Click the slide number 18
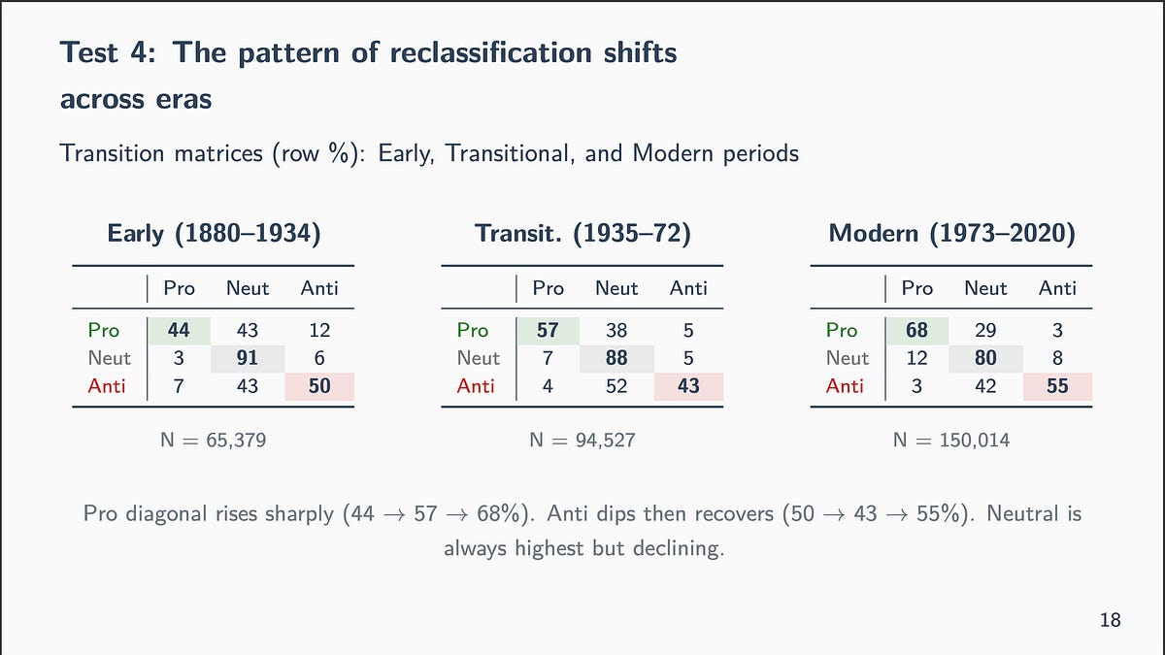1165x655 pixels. point(1111,619)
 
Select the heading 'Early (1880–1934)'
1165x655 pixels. point(214,234)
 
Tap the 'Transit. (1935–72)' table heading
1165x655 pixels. point(582,234)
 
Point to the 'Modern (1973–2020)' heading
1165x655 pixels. point(951,234)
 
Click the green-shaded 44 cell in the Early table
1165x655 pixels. point(180,330)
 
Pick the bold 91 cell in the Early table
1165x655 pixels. point(248,358)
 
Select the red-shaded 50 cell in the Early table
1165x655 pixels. point(319,386)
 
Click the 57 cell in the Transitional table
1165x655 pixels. point(549,330)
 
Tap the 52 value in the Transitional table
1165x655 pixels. point(616,386)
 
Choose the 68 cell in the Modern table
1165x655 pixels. point(917,330)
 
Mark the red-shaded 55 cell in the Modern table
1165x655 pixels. point(1057,386)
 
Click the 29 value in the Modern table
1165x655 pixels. point(985,330)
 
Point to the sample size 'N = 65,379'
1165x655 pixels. point(214,441)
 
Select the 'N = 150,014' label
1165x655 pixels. point(951,441)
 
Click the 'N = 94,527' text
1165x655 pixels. point(582,441)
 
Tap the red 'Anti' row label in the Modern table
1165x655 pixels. point(845,386)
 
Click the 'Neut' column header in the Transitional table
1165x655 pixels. point(616,288)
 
